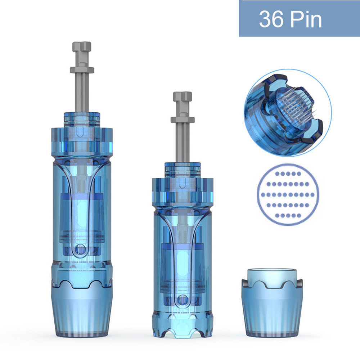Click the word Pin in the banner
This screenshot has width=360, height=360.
tap(306, 19)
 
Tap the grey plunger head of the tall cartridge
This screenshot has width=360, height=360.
tap(82, 46)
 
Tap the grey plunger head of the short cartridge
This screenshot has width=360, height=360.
tap(182, 96)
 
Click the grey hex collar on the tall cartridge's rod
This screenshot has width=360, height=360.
tap(82, 70)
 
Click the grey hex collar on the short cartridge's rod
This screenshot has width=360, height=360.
tap(183, 120)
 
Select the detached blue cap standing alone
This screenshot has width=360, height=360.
tap(272, 303)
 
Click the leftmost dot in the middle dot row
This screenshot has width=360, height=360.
tap(263, 195)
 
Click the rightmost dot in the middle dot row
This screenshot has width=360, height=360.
tap(312, 195)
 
